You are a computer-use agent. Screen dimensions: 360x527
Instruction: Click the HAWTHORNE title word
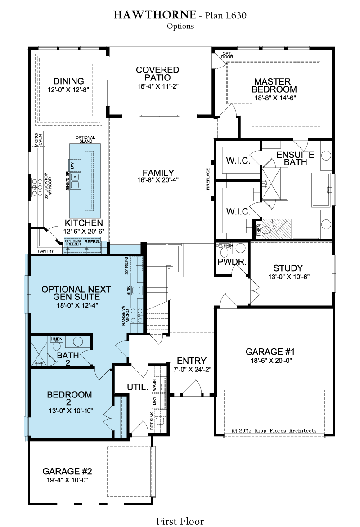click(x=155, y=15)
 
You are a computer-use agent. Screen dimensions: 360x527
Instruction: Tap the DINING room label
click(x=69, y=81)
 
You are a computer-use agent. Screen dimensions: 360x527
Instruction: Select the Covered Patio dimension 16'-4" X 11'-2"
click(x=158, y=86)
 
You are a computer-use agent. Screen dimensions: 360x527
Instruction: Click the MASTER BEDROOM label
click(x=274, y=85)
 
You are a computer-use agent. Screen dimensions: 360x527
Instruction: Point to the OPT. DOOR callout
click(x=227, y=55)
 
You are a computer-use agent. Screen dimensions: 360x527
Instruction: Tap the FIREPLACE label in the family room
click(x=208, y=179)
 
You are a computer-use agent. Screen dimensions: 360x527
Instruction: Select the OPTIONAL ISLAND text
click(x=85, y=139)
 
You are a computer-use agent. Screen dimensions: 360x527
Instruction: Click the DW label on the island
click(x=72, y=165)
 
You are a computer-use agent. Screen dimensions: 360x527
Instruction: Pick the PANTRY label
click(x=46, y=251)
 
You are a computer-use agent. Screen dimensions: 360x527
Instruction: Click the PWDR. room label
click(x=232, y=262)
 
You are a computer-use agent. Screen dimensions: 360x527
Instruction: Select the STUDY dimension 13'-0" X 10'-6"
click(x=288, y=277)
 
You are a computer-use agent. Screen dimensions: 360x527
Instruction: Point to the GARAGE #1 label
click(x=270, y=352)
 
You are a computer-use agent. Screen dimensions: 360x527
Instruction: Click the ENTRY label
click(x=191, y=361)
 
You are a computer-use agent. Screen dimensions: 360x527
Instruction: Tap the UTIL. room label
click(x=137, y=387)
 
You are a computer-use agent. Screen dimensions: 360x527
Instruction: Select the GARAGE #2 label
click(x=67, y=472)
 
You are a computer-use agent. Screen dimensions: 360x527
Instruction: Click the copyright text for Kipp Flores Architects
click(x=274, y=430)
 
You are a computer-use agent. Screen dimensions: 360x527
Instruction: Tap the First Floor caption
click(x=180, y=521)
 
